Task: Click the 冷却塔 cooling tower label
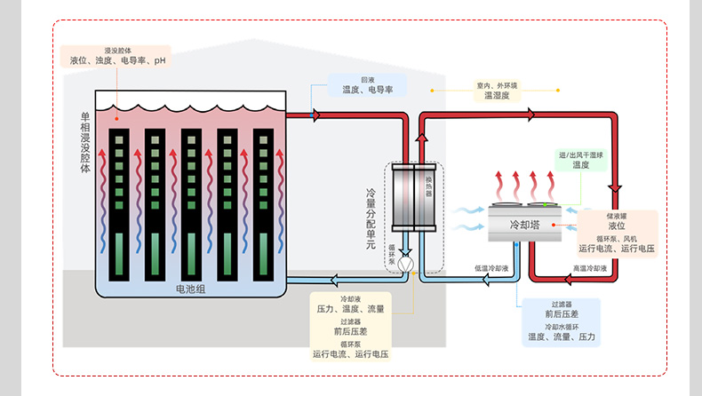(x=524, y=226)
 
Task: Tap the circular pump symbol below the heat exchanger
(x=405, y=265)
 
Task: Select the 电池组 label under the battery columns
(x=190, y=289)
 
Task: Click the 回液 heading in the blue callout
(x=367, y=79)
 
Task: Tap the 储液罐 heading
(x=617, y=217)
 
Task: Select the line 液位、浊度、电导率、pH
(x=118, y=61)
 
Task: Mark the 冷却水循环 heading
(x=562, y=327)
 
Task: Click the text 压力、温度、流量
(x=351, y=309)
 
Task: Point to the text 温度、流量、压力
(x=562, y=337)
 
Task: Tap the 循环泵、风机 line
(x=617, y=239)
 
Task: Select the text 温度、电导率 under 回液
(x=367, y=90)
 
